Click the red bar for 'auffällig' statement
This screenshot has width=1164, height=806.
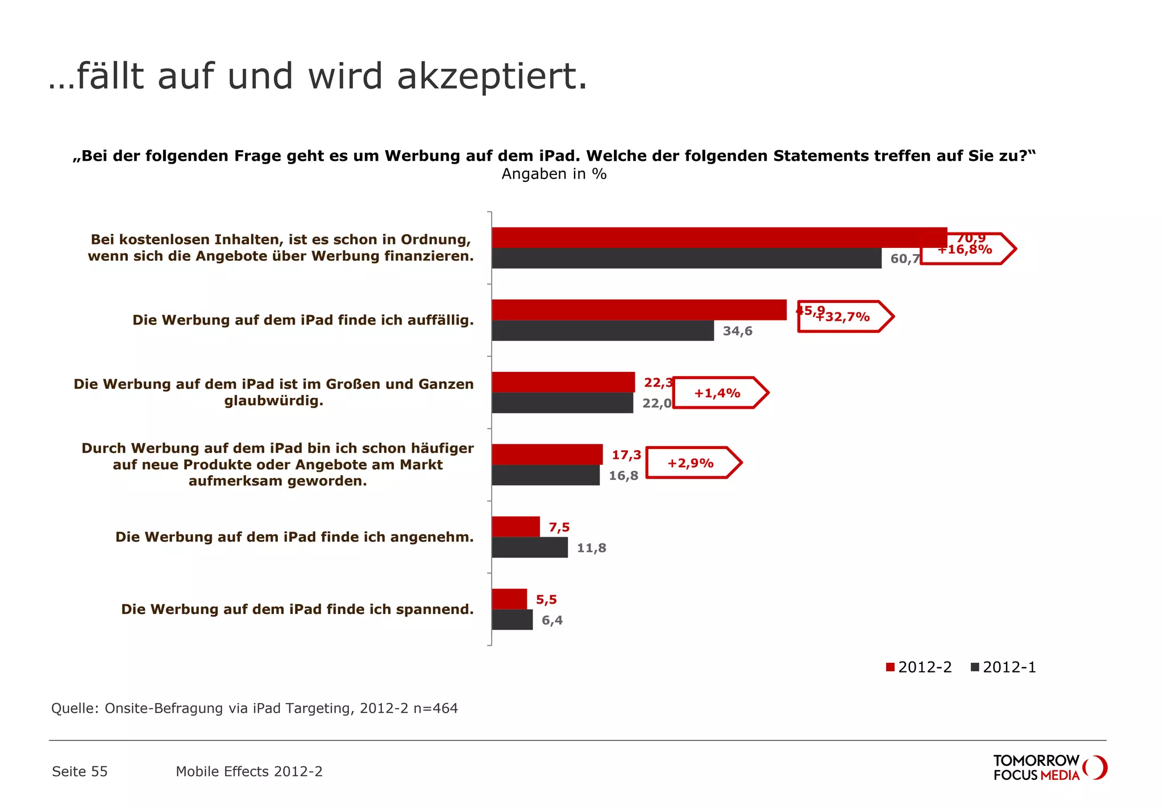click(x=639, y=310)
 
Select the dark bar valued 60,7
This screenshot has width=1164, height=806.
click(x=686, y=258)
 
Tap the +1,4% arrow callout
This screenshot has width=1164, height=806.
click(x=720, y=393)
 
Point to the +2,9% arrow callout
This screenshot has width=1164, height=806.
click(x=693, y=463)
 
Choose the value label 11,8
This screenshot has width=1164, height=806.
click(x=591, y=548)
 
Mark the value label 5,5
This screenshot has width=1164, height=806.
click(x=546, y=600)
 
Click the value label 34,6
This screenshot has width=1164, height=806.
click(x=737, y=331)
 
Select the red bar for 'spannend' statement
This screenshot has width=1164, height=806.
click(x=509, y=599)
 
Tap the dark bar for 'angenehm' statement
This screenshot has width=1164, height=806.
click(x=529, y=547)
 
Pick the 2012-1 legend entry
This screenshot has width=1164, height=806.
click(x=1004, y=667)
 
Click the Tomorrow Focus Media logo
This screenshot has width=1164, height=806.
click(x=1049, y=767)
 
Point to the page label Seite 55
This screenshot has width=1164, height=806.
click(x=80, y=771)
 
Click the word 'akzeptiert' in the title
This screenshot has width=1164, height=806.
click(x=492, y=76)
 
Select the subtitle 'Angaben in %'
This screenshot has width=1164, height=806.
click(x=554, y=174)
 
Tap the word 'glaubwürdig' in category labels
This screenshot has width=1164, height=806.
click(x=273, y=401)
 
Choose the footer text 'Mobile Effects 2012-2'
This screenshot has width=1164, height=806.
click(x=249, y=771)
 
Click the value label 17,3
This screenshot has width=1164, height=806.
click(x=626, y=455)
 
